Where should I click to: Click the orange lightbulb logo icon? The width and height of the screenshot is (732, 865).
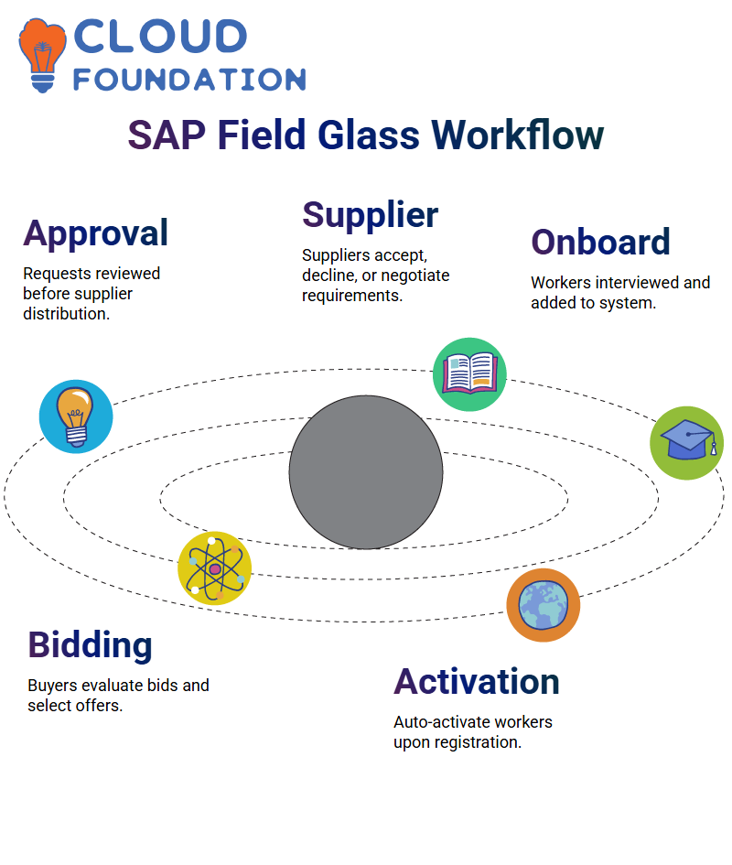[x=42, y=55]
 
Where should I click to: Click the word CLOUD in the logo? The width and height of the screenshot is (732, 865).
[x=160, y=37]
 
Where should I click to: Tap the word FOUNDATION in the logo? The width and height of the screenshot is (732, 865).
[x=189, y=80]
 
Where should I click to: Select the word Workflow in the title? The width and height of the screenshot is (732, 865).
[x=517, y=135]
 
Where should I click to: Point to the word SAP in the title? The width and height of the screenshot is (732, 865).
[x=167, y=135]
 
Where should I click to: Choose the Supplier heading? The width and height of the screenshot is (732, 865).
[x=371, y=216]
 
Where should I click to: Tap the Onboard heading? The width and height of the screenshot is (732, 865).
[x=601, y=243]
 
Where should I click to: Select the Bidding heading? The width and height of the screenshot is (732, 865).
[x=90, y=645]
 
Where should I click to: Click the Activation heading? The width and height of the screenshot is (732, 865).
[x=477, y=682]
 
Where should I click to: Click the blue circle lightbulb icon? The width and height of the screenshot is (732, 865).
[x=76, y=416]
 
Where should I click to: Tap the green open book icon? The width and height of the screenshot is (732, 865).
[x=469, y=374]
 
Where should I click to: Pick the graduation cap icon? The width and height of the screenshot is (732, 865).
[x=687, y=443]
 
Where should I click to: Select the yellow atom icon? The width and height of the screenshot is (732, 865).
[x=215, y=568]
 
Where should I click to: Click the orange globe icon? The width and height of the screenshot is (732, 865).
[x=544, y=605]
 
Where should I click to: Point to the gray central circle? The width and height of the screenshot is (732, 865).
[x=366, y=472]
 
